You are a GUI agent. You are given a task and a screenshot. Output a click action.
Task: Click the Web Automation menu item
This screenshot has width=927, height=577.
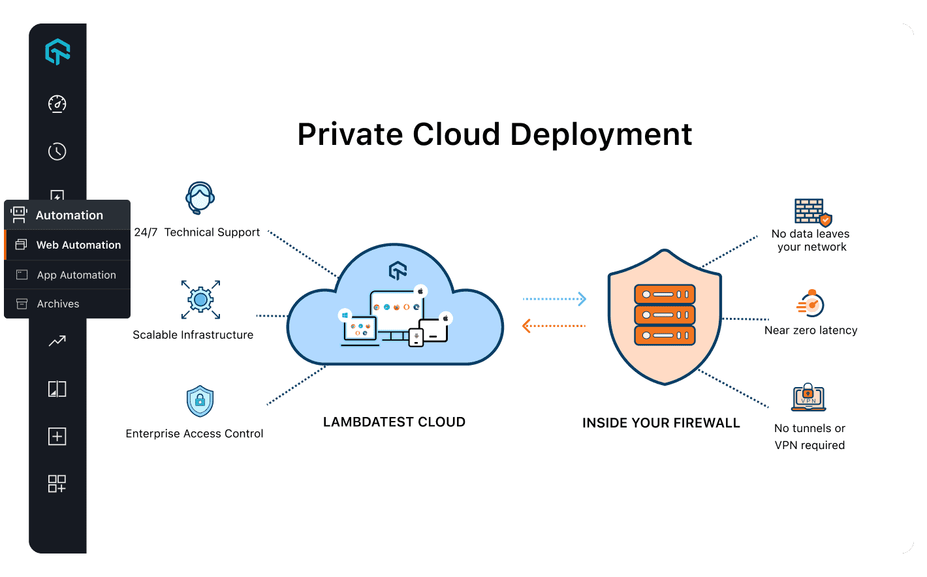click(78, 245)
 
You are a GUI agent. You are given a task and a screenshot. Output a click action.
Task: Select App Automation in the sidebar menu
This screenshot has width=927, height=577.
click(76, 275)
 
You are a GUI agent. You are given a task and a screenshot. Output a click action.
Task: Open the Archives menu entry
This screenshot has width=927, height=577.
click(57, 304)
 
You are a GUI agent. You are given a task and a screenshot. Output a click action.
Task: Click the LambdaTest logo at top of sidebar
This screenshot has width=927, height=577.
click(57, 52)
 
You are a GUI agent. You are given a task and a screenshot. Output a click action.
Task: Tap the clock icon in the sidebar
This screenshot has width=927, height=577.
click(57, 151)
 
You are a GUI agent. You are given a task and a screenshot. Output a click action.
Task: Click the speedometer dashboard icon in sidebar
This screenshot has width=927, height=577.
click(57, 104)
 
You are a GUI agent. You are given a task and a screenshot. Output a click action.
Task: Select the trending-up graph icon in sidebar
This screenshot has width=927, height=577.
click(57, 341)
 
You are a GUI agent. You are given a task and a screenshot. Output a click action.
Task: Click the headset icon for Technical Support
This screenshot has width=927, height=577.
click(200, 198)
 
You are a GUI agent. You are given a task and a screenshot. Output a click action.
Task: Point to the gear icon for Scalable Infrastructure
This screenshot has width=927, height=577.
click(200, 300)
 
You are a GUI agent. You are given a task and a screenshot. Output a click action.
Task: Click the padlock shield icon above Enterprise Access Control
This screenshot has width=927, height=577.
click(200, 401)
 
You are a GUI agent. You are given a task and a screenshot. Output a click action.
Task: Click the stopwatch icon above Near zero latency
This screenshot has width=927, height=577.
click(811, 304)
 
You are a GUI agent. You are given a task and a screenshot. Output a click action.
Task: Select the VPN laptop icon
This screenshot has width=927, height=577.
click(808, 398)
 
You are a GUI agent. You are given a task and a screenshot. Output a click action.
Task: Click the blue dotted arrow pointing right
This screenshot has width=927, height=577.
click(554, 299)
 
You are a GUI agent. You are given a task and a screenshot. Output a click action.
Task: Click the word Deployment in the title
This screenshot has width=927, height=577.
click(600, 134)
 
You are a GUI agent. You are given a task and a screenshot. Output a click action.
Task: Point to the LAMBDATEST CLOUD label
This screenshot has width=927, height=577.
click(394, 422)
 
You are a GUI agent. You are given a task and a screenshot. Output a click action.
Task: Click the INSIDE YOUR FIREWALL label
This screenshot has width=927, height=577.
click(661, 423)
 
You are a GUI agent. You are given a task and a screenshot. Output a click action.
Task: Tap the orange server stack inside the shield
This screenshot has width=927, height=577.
click(665, 315)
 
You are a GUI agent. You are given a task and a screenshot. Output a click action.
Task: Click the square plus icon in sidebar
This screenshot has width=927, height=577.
click(57, 436)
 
